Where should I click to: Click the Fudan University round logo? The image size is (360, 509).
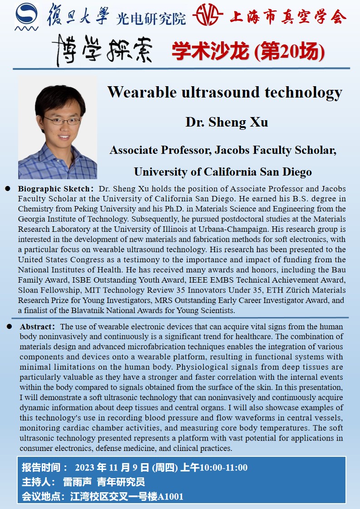(26, 17)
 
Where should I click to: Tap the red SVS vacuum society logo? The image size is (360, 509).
(207, 16)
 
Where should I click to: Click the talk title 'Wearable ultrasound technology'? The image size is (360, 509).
(225, 93)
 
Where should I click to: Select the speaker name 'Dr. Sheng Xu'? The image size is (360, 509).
(227, 122)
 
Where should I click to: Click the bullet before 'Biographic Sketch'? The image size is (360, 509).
(8, 188)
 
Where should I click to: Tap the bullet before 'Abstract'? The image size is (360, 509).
(10, 327)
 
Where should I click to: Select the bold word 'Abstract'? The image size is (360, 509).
(37, 327)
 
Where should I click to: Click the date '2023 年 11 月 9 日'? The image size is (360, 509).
(112, 467)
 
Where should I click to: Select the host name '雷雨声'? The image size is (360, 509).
(76, 482)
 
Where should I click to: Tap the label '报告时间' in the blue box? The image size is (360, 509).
(41, 467)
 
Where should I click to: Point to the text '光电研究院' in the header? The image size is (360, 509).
(151, 18)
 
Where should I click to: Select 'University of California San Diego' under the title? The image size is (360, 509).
(222, 172)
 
